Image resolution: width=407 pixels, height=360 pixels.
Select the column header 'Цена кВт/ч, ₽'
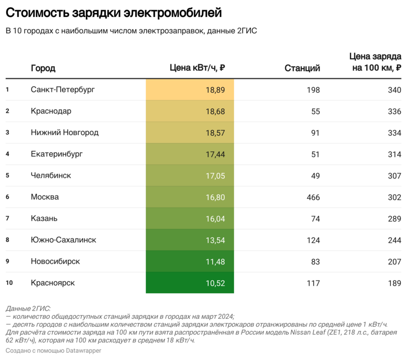(x=197, y=68)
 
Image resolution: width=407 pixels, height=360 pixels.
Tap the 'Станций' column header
(x=302, y=68)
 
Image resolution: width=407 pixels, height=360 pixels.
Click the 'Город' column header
(x=43, y=68)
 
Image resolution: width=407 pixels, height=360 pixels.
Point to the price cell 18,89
(x=215, y=90)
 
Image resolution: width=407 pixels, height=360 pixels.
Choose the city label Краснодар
(x=51, y=111)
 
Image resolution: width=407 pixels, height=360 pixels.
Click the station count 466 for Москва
(x=313, y=197)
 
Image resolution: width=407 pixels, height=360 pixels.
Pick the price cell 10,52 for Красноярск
(x=215, y=283)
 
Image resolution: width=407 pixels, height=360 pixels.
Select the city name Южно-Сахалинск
(x=63, y=240)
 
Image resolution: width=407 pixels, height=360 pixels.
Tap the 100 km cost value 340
(x=394, y=90)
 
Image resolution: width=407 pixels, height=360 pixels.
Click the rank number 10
(x=9, y=283)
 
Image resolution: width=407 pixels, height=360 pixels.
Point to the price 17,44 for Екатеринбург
(x=215, y=154)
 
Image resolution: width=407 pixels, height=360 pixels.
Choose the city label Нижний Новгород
(x=64, y=133)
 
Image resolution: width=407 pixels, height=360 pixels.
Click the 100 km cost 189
(x=394, y=283)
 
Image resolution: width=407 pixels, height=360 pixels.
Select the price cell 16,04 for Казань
(x=215, y=219)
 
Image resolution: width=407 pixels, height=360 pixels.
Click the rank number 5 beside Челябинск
(x=7, y=175)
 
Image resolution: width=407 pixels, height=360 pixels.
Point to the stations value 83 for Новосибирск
(x=315, y=261)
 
